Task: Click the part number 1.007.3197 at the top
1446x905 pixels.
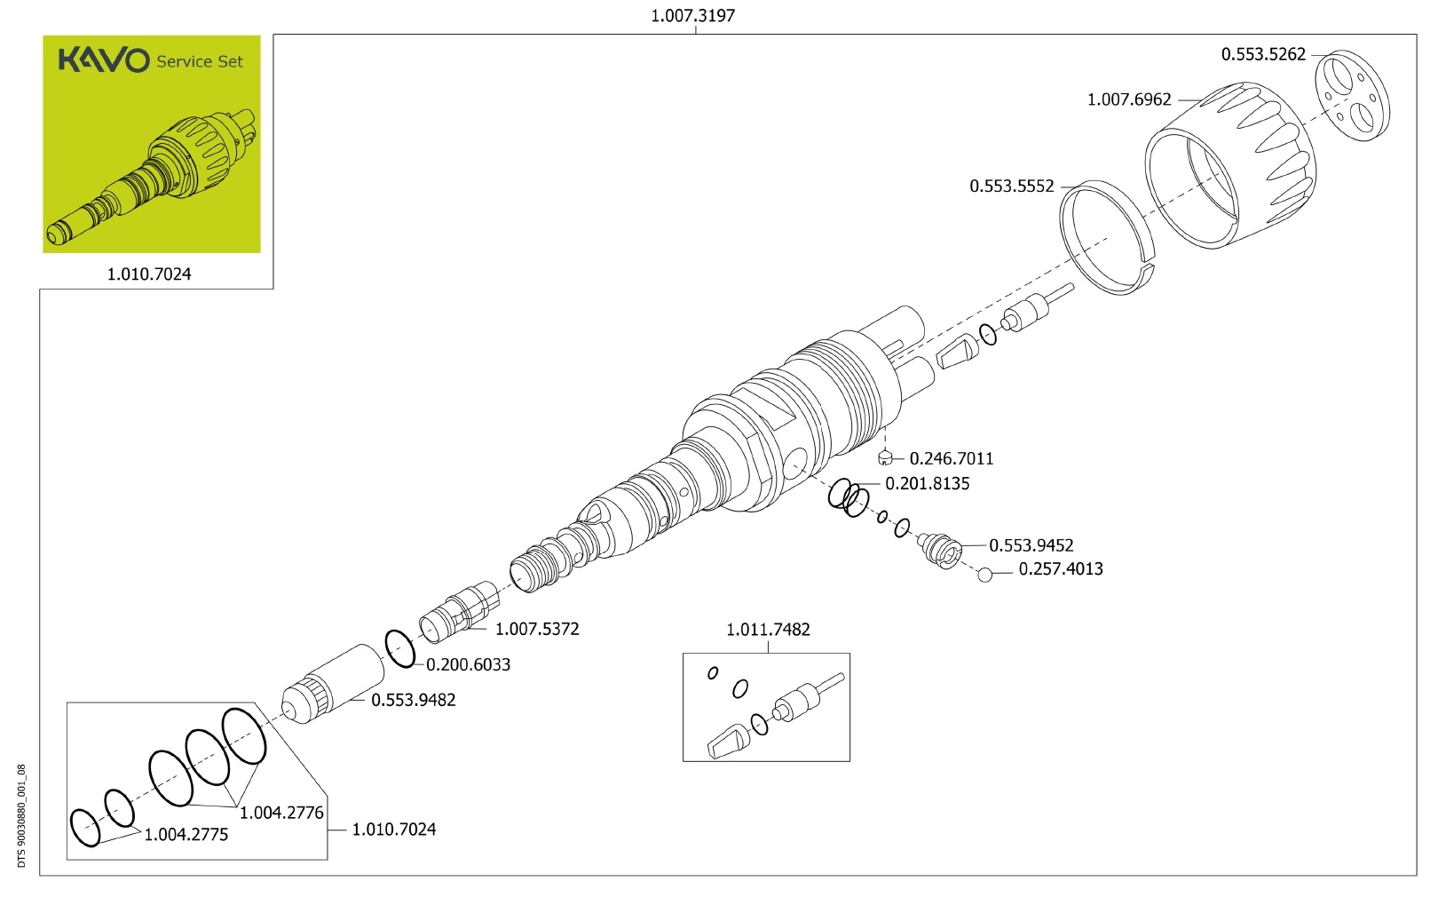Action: coord(692,15)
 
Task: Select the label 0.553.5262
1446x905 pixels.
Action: coord(1263,54)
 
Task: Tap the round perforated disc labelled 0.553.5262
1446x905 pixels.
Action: coord(1350,95)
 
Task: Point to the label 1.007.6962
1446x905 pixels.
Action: coord(1129,99)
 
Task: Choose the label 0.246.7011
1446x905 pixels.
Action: coord(952,458)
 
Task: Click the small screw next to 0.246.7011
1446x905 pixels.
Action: coord(885,458)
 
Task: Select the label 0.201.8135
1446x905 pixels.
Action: coord(928,483)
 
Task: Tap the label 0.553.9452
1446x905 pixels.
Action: coord(1031,545)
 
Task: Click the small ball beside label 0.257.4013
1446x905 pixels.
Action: coord(984,575)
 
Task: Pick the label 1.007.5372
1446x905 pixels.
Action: coord(537,629)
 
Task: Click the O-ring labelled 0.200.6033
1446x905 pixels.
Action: coord(399,648)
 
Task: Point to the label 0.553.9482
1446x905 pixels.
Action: coord(414,700)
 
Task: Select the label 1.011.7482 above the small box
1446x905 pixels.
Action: coord(768,630)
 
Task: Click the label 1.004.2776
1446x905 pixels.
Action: coord(281,813)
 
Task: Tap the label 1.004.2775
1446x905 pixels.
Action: coord(186,835)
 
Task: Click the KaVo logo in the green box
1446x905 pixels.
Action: coord(104,60)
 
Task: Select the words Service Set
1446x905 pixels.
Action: coord(200,61)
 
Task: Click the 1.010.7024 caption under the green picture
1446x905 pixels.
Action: coord(149,274)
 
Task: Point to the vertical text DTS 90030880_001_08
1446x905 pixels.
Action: coord(22,816)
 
